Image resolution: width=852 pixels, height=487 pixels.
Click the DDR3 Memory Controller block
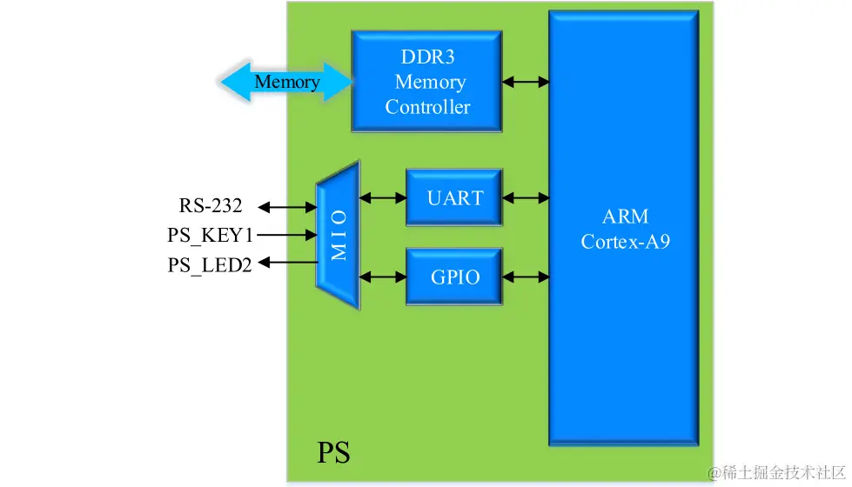pos(426,82)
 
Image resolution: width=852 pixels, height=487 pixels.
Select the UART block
pos(454,198)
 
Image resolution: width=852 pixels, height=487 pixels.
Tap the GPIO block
pos(454,277)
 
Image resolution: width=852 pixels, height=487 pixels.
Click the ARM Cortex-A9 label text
pos(625,229)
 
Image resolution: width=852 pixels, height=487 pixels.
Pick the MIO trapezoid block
pos(338,235)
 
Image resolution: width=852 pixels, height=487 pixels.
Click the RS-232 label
pos(211,206)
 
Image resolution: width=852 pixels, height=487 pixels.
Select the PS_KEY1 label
pos(211,235)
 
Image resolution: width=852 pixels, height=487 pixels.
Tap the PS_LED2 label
pos(210,265)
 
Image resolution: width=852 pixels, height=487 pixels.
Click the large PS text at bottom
pos(333,453)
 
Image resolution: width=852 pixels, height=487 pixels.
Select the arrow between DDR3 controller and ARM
pos(526,82)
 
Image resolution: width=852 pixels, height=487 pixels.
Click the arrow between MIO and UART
pos(382,198)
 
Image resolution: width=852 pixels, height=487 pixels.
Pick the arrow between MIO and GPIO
pos(382,277)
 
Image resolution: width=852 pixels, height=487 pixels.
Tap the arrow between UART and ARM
pos(526,198)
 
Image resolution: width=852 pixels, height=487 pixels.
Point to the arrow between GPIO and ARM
pos(526,277)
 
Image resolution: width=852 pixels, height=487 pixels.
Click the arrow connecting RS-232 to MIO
pos(286,207)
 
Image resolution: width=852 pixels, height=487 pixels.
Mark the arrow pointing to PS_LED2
pos(286,262)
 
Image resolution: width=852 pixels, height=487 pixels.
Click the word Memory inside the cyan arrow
pos(287,83)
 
